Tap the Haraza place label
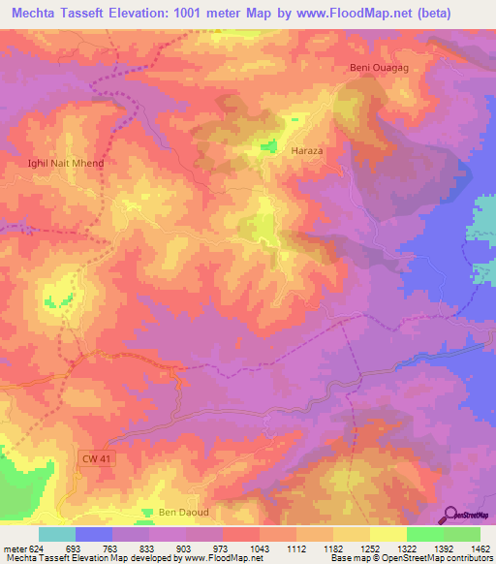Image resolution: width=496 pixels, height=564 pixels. pyautogui.click(x=307, y=151)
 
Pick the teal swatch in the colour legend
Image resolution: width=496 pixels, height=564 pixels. pyautogui.click(x=56, y=534)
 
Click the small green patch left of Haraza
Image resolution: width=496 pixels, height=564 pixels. pyautogui.click(x=263, y=147)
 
